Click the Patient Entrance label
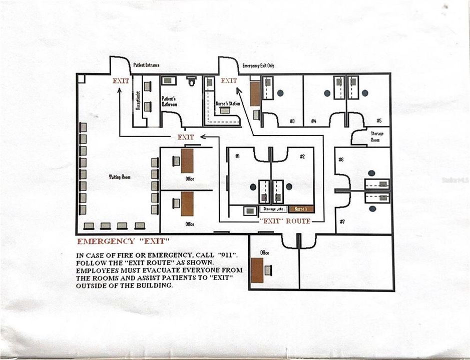[x=146, y=65]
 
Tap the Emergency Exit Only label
[x=258, y=65]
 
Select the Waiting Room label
[x=120, y=177]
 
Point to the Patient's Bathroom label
[x=169, y=101]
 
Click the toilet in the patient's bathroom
[x=191, y=80]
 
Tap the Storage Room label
[x=377, y=136]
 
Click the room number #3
[x=292, y=121]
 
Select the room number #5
[x=379, y=121]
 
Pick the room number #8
[x=341, y=160]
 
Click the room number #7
[x=342, y=221]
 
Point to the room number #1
[x=237, y=156]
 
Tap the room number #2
[x=302, y=156]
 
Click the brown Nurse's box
[x=301, y=209]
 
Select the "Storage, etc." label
[x=273, y=209]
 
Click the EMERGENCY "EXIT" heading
[x=120, y=241]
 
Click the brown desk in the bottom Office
[x=257, y=270]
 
